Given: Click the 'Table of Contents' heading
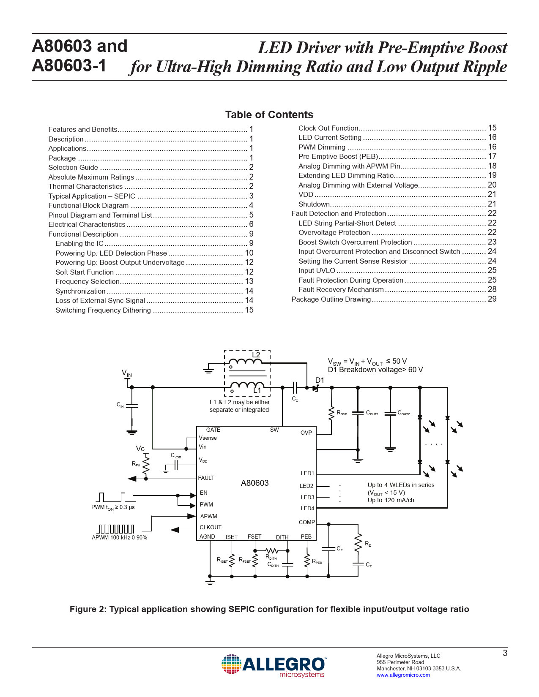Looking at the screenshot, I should point(269,114).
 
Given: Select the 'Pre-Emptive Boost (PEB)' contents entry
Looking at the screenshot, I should point(338,156).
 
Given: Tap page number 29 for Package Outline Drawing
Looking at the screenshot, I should point(492,299).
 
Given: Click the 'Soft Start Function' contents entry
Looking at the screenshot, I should point(85,272).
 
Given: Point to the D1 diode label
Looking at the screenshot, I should point(320,380).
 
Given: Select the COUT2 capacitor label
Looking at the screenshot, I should point(404,413).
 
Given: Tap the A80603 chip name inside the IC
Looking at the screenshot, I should point(254,483).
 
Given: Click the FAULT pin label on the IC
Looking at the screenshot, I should point(206,478).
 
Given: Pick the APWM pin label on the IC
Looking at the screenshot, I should point(208,516).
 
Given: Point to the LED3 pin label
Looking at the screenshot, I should point(307,497).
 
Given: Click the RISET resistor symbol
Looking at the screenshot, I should point(232,560).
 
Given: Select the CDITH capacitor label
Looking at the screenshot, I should point(273,565).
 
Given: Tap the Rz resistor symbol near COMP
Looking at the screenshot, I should point(358,543).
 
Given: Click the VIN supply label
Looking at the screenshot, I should point(127,373).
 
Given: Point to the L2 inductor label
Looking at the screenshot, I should point(256,355).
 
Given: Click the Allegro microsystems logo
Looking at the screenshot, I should point(274,665).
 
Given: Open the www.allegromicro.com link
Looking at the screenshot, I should point(403,675).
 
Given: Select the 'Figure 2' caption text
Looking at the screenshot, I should point(269,609).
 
